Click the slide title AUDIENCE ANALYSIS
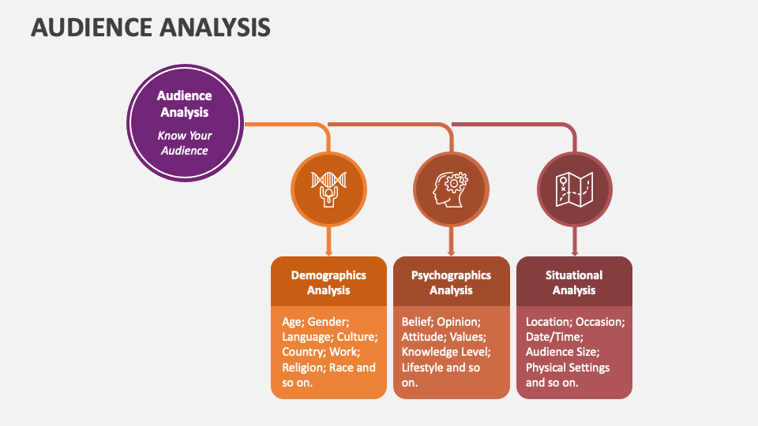[150, 28]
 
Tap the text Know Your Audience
[185, 143]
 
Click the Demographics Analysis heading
[328, 282]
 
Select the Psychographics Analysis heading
[451, 282]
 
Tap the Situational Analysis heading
[574, 282]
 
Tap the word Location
[549, 322]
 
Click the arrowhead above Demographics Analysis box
[328, 252]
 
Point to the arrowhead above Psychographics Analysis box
[452, 252]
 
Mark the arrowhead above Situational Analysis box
[575, 252]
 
